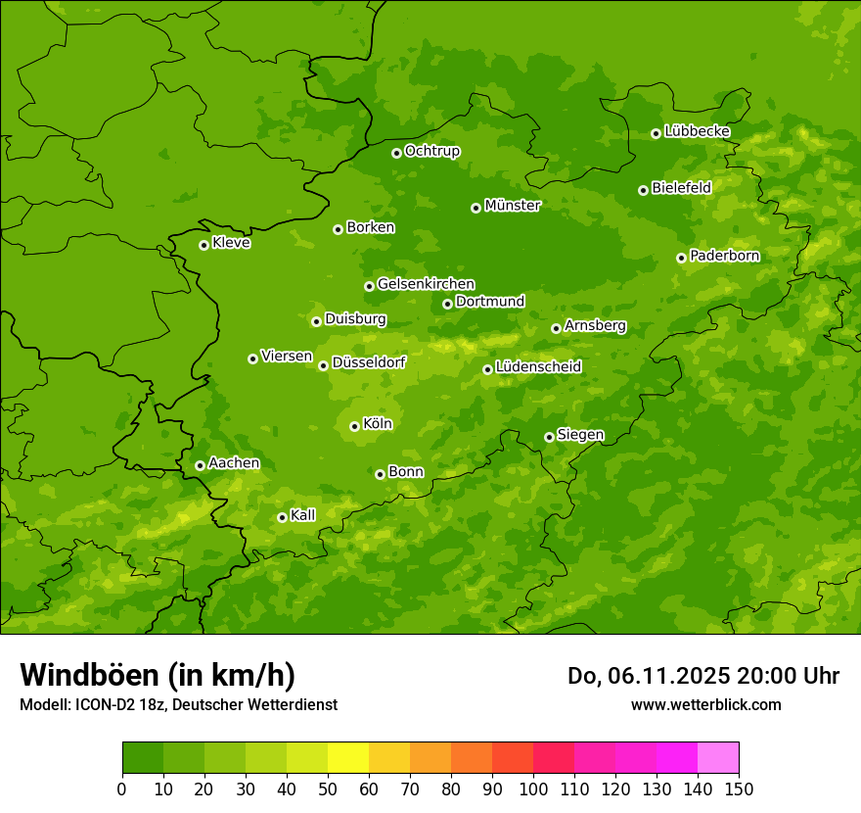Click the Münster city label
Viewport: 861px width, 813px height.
point(512,206)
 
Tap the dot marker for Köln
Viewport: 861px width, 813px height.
point(354,426)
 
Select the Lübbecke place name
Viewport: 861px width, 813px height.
point(697,131)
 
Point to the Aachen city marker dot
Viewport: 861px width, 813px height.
point(200,465)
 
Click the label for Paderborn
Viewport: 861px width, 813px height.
point(724,256)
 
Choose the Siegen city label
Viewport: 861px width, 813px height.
point(580,435)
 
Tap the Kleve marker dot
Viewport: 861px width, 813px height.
point(204,245)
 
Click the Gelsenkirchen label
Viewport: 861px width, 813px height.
point(426,284)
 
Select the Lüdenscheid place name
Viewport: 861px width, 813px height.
point(538,367)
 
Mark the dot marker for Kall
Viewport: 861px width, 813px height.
point(282,517)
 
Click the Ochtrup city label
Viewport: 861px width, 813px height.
point(431,151)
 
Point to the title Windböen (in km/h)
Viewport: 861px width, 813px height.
point(157,675)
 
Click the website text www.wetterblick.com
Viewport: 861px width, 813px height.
point(705,704)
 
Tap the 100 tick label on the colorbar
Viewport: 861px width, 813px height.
point(533,789)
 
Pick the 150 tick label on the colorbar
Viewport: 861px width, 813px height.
point(739,789)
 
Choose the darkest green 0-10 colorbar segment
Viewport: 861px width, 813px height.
point(143,758)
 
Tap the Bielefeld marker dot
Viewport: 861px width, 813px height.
point(643,190)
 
